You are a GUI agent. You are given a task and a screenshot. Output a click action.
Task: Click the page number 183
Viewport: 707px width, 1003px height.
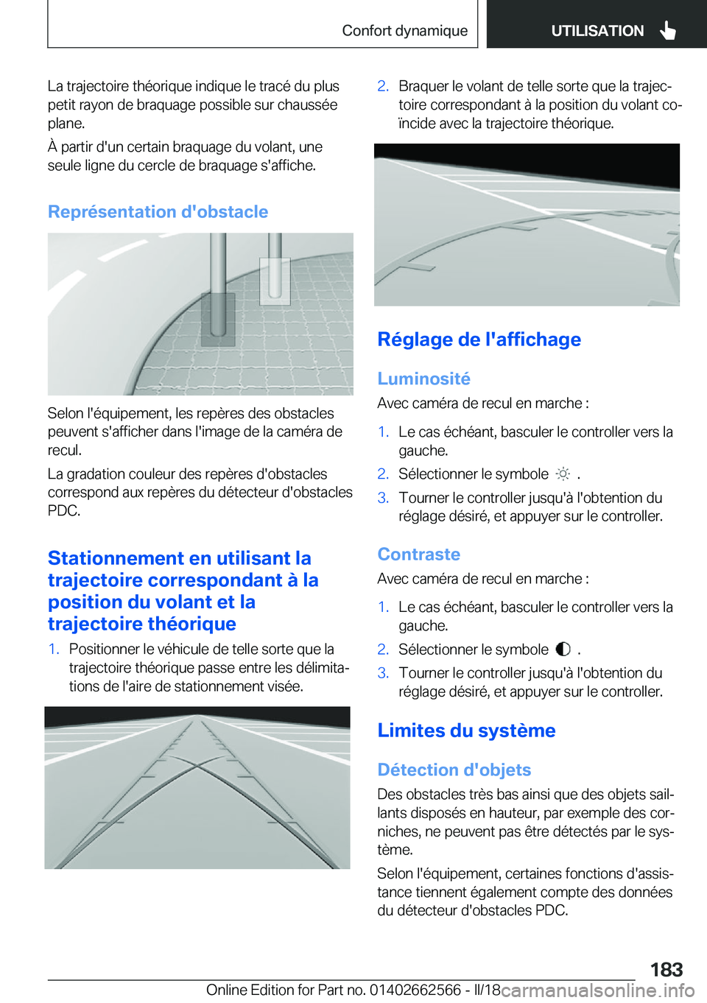click(666, 969)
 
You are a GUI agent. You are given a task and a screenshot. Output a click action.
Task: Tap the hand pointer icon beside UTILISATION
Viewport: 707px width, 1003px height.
click(667, 30)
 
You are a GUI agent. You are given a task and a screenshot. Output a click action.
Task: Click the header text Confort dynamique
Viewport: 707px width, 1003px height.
click(404, 31)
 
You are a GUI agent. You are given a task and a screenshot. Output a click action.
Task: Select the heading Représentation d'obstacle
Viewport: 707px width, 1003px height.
click(158, 212)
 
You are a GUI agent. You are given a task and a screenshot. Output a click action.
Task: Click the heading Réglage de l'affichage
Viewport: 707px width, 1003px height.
click(479, 339)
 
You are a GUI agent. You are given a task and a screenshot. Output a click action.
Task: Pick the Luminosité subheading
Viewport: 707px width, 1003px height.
click(423, 379)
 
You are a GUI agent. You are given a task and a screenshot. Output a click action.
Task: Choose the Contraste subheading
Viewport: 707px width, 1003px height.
click(418, 555)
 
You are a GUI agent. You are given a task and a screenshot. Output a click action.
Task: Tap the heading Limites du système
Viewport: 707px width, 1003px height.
click(466, 731)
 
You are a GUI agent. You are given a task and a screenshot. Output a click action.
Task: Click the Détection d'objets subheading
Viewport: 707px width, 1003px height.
click(454, 770)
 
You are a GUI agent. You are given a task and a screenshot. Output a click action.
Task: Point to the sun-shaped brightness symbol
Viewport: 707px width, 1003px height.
click(563, 474)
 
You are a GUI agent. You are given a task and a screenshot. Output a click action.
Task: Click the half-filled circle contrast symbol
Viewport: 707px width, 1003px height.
click(563, 650)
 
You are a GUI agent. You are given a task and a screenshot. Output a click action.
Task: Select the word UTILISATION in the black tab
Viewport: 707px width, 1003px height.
click(597, 31)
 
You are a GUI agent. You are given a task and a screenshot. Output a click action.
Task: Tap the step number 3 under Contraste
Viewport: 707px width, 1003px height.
click(383, 673)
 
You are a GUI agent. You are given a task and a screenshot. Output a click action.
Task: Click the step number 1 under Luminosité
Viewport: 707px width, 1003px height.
click(383, 432)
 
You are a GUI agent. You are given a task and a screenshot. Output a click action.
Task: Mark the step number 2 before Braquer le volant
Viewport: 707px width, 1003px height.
click(383, 86)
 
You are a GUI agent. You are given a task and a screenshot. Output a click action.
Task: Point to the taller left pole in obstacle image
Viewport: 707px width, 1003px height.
click(218, 287)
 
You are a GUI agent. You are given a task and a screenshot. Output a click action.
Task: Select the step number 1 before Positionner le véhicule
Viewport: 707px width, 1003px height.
click(53, 650)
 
